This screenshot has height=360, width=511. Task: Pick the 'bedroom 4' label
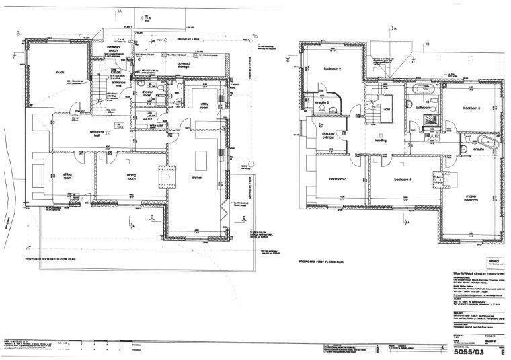point(402,179)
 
